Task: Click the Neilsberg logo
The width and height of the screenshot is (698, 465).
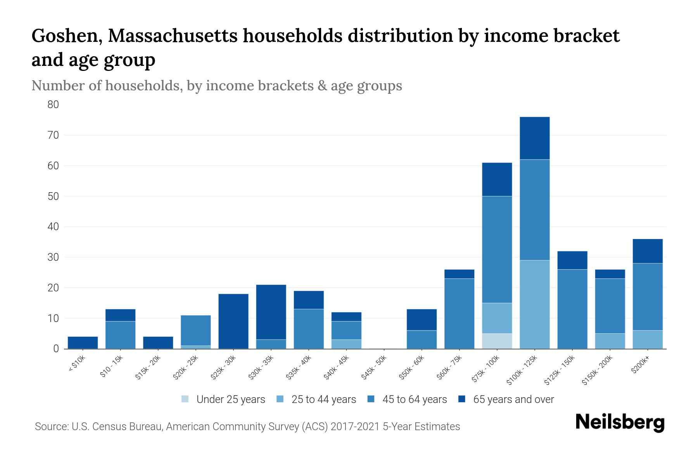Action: click(x=620, y=422)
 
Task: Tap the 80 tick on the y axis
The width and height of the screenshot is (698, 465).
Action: click(x=53, y=105)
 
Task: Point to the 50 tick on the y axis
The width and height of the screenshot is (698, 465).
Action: click(x=53, y=196)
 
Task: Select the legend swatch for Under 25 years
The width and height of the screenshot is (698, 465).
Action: click(x=185, y=399)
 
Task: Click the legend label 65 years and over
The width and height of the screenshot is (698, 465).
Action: click(x=513, y=399)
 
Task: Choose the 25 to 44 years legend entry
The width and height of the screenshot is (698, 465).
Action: click(x=323, y=399)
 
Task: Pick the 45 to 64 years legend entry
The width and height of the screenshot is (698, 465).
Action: click(x=415, y=399)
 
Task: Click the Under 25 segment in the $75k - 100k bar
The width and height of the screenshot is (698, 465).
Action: click(x=497, y=341)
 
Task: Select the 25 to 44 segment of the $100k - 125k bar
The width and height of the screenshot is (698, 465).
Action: click(x=534, y=304)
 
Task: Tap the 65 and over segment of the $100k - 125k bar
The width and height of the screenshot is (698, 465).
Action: click(x=534, y=138)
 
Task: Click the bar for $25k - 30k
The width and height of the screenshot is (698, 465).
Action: click(x=233, y=321)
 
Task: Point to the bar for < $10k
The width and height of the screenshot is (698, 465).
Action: click(x=83, y=343)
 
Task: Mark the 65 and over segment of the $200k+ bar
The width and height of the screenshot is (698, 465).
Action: click(x=647, y=251)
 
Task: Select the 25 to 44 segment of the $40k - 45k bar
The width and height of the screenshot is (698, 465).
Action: click(x=346, y=344)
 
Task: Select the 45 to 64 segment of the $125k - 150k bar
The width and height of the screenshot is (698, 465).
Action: click(x=572, y=309)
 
